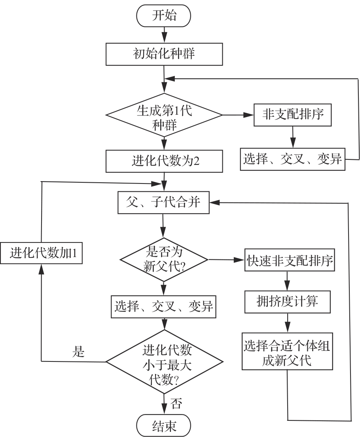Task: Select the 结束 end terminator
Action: coord(163,426)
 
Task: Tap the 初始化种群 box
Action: coord(163,54)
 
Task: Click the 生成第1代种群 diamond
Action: coord(164,115)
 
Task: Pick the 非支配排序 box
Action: coord(292,115)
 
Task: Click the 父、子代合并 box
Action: coord(164,203)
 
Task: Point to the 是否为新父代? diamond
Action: coord(164,259)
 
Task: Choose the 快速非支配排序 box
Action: coord(290,260)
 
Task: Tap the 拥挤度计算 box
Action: coord(287,302)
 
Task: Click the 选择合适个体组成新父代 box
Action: coord(287,351)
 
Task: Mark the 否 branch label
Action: coord(176,404)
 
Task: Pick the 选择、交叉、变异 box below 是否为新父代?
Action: coord(164,306)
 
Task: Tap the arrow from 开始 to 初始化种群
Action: coord(163,34)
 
